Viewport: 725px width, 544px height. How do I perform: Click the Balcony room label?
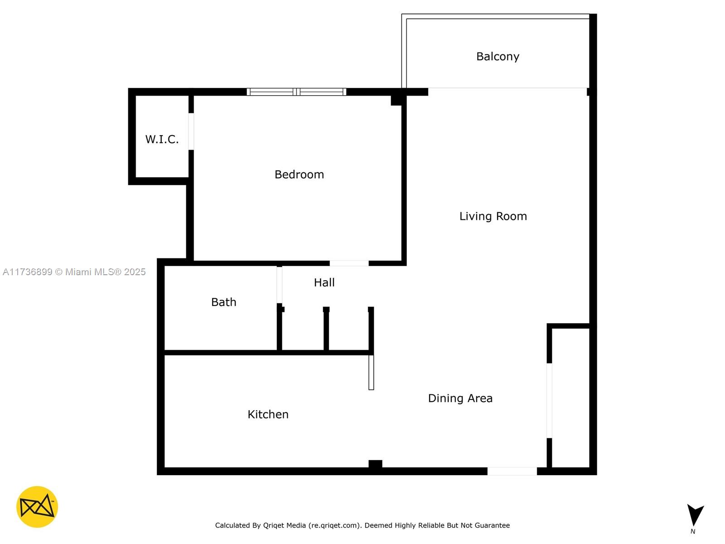pos(498,57)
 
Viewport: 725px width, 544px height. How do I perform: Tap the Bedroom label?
pos(299,175)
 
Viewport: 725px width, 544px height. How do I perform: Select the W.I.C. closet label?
pos(162,139)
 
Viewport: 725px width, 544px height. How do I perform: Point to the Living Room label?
pos(493,216)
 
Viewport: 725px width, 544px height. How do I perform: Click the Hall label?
pos(324,282)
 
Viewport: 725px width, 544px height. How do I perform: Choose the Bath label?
pos(223,302)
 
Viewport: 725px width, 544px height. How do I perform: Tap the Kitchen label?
pos(268,414)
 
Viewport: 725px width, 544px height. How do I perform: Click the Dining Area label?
pos(460,398)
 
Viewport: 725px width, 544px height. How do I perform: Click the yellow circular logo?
pos(37,507)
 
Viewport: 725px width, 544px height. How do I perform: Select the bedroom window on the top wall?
pos(296,92)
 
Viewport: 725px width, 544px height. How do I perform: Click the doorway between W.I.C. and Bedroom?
pos(191,131)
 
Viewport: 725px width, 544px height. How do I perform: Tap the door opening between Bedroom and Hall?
pos(349,263)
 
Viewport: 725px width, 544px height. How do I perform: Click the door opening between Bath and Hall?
pos(280,285)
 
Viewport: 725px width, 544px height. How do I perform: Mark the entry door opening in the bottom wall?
pos(512,471)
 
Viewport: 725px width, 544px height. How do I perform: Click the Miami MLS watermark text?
pos(74,272)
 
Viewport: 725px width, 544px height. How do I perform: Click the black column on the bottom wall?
pos(375,464)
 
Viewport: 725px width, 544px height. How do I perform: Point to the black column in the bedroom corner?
pos(396,100)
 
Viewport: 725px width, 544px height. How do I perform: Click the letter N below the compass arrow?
pos(693,531)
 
